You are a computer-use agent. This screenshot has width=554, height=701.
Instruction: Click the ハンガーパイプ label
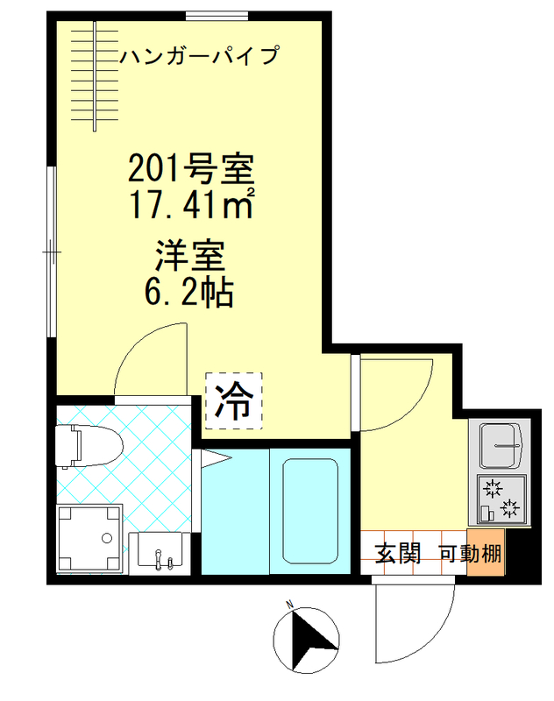click(199, 57)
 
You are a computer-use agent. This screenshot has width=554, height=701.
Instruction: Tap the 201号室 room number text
click(191, 166)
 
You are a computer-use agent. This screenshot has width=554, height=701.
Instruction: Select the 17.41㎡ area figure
click(191, 205)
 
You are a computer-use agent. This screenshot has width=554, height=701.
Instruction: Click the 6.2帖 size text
click(191, 292)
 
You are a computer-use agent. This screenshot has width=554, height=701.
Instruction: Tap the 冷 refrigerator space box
click(233, 401)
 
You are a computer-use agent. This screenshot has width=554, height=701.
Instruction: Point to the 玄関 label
click(399, 554)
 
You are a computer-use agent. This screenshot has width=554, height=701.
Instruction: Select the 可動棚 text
click(470, 554)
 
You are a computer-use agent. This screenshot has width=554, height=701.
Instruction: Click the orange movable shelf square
click(485, 554)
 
